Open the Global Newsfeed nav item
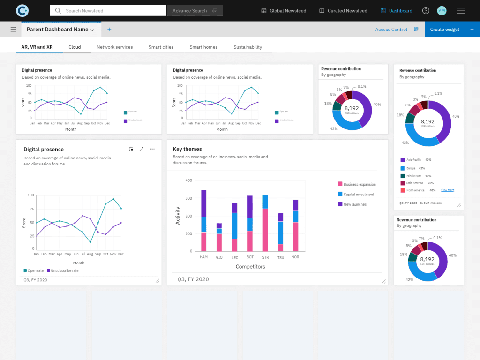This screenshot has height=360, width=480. point(284,11)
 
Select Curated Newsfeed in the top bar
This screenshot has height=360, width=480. point(343,11)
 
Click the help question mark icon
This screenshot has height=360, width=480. point(426,11)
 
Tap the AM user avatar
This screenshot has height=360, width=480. point(442,11)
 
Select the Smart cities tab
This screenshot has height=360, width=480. point(161,47)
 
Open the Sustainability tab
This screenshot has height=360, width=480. point(247,47)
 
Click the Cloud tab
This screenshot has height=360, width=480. point(75,47)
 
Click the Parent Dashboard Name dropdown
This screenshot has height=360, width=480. point(60,30)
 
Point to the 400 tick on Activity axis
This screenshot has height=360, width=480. point(188,180)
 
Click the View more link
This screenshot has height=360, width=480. point(448,190)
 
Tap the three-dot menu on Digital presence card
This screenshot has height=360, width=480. point(152,149)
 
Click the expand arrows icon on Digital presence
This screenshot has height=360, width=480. point(142,149)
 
